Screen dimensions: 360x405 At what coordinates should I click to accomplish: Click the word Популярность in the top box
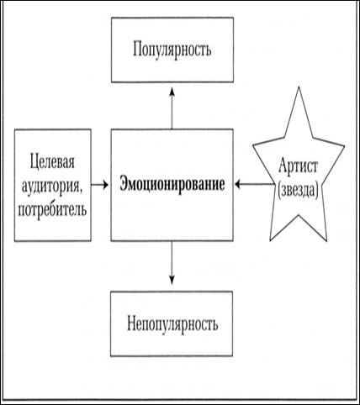click(172, 50)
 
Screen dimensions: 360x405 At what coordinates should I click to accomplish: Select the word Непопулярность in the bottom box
click(172, 324)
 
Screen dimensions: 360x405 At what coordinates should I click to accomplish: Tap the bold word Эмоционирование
click(172, 185)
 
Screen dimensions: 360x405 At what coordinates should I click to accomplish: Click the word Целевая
click(52, 162)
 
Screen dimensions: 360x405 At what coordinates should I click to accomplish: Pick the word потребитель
click(52, 209)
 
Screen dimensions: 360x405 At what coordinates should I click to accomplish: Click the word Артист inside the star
click(298, 166)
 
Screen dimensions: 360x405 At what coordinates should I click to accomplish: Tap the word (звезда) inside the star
click(298, 191)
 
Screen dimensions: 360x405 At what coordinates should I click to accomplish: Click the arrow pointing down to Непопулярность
click(172, 263)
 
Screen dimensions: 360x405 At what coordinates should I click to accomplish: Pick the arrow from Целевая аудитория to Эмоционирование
click(100, 185)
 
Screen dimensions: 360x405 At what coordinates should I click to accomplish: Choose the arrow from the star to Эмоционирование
click(254, 185)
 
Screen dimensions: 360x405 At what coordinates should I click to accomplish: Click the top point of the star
click(299, 87)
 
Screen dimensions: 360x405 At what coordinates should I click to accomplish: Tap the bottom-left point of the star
click(270, 240)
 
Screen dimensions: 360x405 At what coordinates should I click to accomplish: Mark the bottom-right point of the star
click(327, 240)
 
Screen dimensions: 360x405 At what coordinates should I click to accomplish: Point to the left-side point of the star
click(253, 145)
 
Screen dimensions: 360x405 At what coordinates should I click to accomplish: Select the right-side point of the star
click(344, 145)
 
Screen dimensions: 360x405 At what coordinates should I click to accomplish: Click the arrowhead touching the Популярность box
click(172, 92)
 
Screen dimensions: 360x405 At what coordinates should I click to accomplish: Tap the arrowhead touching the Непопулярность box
click(172, 281)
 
